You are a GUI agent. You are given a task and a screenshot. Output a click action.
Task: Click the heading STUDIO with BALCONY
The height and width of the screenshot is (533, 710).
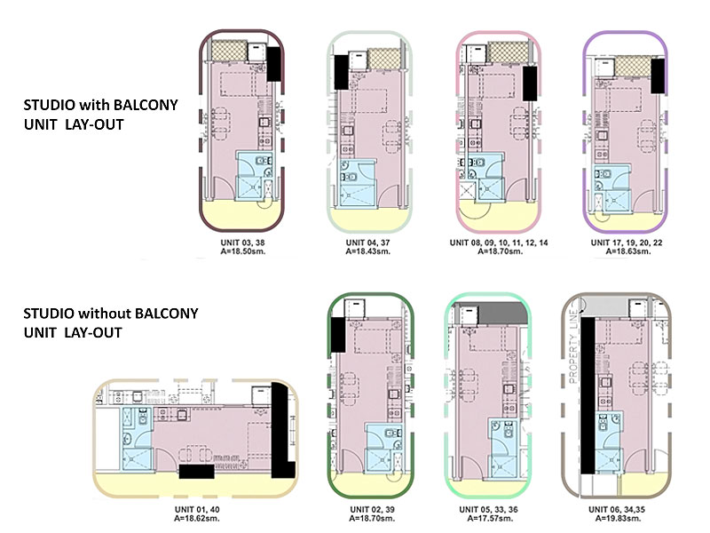pos(100,105)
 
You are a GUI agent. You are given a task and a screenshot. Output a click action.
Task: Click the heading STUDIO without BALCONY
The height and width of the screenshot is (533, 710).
pos(110,314)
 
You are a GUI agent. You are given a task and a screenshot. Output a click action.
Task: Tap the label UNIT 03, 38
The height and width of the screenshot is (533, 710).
pos(241,241)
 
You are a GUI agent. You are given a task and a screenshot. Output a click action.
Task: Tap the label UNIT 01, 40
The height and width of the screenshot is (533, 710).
pos(198,509)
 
